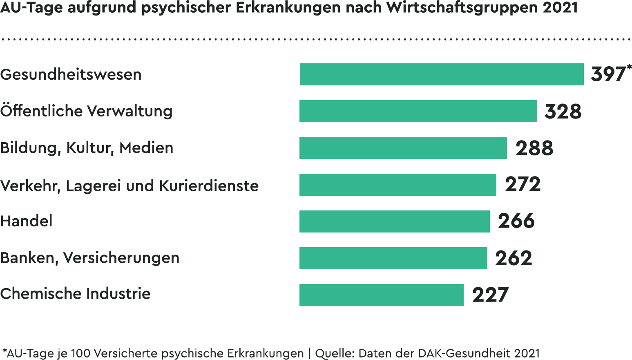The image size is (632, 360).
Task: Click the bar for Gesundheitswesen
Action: click(441, 74)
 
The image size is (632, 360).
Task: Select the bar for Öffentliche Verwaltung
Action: click(418, 111)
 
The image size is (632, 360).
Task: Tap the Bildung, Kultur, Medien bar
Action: click(403, 148)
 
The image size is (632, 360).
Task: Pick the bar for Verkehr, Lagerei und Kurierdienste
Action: click(398, 185)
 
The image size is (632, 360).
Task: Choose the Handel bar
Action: click(394, 221)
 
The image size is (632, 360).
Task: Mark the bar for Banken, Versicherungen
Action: click(393, 258)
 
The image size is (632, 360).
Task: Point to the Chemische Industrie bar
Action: click(381, 295)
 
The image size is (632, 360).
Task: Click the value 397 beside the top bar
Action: click(607, 74)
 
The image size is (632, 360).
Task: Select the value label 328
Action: click(563, 111)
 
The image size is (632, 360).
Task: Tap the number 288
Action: click(534, 148)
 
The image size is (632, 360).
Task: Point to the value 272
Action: click(523, 185)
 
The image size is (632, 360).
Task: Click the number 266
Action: click(516, 221)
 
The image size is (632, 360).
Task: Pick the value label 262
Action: click(514, 258)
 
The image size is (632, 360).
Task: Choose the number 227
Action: click(490, 295)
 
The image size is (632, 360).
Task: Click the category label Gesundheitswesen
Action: click(71, 74)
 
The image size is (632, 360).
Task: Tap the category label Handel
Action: click(27, 221)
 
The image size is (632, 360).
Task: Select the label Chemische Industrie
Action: click(75, 294)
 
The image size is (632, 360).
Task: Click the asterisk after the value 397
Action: click(629, 67)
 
